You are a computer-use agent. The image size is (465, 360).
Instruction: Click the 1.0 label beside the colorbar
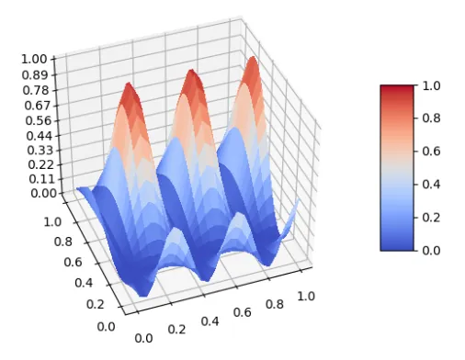coord(431,85)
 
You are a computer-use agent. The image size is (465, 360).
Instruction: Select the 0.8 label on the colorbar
coord(431,118)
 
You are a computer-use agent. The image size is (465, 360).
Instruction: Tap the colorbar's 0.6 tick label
coord(431,152)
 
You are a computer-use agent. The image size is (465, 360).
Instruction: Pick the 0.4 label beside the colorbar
coord(431,185)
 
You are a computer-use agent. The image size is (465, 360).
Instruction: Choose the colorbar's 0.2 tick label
coord(431,217)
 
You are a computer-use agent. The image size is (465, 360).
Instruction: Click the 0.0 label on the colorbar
coord(431,250)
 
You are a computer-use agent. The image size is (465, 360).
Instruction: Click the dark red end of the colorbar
coord(396,89)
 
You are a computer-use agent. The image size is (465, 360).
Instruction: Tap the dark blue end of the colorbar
coord(396,245)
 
